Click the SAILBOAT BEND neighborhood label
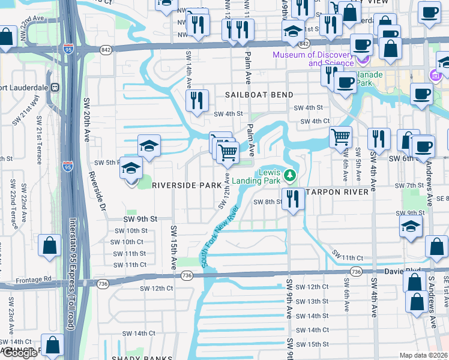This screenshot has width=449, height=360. click(x=259, y=95)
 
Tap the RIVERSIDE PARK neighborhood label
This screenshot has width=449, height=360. click(x=187, y=185)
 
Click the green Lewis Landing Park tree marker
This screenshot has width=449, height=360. click(x=291, y=175)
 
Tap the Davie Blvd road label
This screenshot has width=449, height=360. click(x=408, y=271)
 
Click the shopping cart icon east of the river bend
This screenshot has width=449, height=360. click(x=340, y=137)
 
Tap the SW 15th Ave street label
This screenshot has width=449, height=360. click(x=174, y=246)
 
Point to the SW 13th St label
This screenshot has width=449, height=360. click(x=309, y=301)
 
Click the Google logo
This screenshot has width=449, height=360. click(x=20, y=353)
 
